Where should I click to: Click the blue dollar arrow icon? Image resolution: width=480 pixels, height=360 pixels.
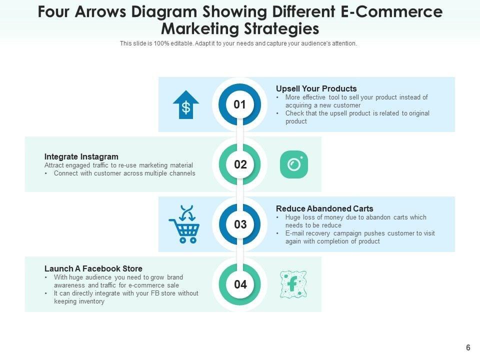click(x=186, y=104)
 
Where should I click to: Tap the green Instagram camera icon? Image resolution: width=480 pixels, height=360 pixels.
click(x=294, y=164)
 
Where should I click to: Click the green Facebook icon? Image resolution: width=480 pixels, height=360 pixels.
click(x=293, y=284)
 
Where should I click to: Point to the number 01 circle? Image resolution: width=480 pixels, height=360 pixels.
click(x=240, y=104)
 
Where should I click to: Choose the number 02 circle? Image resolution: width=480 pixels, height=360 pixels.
click(x=240, y=164)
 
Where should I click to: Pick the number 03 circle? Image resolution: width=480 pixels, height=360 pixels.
click(x=240, y=224)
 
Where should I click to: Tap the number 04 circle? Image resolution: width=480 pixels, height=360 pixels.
click(x=240, y=284)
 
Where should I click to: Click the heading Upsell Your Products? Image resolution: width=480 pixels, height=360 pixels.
click(x=316, y=88)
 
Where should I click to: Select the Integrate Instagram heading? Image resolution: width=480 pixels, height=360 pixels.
click(x=81, y=156)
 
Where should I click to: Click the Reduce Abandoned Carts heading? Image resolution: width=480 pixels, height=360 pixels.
click(x=324, y=208)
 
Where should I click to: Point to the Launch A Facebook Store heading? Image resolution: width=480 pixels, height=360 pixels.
click(x=93, y=268)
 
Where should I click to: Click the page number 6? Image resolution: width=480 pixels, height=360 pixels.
click(x=468, y=348)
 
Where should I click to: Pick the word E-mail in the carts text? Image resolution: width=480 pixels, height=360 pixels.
click(x=294, y=233)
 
